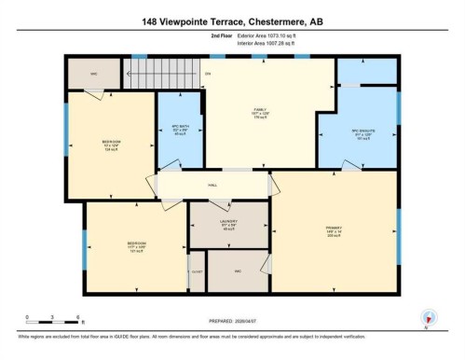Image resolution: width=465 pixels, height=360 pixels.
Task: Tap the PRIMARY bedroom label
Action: [x=333, y=231]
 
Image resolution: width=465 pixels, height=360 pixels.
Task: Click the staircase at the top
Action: [x=163, y=74]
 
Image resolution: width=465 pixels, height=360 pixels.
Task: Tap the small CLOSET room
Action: [x=196, y=271]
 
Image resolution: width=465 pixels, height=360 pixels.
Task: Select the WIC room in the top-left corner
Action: [x=94, y=72]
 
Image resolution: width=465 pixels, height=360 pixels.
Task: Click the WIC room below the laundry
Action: [x=238, y=271]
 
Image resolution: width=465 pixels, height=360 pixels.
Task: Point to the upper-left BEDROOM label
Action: [x=110, y=145]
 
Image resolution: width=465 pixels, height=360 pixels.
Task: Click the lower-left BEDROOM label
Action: [x=136, y=247]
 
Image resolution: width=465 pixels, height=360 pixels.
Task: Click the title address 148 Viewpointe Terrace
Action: [x=232, y=21]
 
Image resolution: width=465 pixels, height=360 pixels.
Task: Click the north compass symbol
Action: [x=428, y=317]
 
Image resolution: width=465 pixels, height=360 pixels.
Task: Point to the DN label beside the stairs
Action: [x=208, y=74]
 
